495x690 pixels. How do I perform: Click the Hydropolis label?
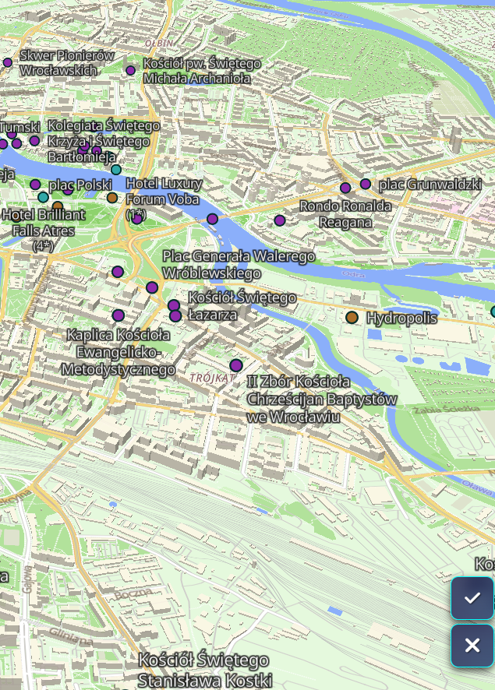(401, 318)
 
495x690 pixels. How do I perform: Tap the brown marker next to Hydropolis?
(352, 317)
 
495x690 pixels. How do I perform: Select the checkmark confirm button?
(472, 598)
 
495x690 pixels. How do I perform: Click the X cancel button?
(472, 646)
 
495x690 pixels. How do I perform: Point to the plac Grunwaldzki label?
(430, 185)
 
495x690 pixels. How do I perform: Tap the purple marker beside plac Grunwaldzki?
(366, 184)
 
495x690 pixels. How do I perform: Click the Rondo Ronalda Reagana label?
(345, 214)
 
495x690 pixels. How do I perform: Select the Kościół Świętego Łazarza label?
(242, 306)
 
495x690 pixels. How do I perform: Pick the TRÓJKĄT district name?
(212, 378)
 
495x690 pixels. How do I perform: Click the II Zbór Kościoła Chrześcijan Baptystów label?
(321, 399)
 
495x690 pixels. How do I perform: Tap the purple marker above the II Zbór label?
(236, 365)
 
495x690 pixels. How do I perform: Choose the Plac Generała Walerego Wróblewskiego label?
(239, 265)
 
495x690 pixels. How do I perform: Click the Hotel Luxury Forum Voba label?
(164, 192)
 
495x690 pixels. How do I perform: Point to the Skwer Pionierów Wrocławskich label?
(67, 62)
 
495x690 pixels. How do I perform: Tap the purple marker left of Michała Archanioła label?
(131, 70)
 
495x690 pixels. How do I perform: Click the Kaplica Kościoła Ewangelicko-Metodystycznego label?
(118, 352)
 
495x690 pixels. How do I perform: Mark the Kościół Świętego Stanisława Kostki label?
(204, 670)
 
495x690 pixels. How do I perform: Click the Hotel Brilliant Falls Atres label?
(44, 223)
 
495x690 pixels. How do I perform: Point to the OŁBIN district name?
(159, 43)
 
